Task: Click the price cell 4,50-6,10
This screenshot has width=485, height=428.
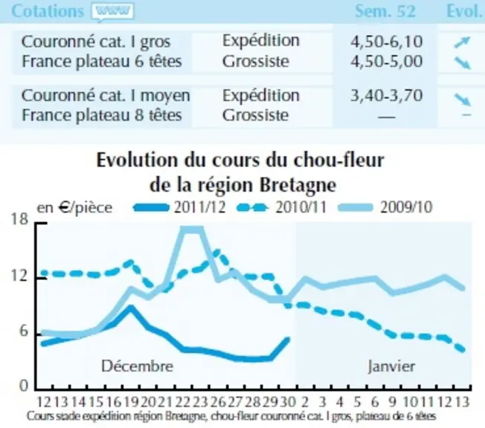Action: (x=386, y=42)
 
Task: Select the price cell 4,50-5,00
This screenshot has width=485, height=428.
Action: (x=386, y=61)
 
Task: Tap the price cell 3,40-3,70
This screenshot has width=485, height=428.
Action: (x=386, y=95)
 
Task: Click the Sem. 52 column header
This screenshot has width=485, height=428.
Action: (x=385, y=11)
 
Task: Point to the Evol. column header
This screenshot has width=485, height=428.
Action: (x=466, y=11)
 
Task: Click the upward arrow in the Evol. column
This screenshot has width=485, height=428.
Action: (x=462, y=42)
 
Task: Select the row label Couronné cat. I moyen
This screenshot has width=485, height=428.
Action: (x=106, y=95)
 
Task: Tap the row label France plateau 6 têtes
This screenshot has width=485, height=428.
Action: (x=102, y=61)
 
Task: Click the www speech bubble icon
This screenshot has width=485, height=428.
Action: (x=112, y=13)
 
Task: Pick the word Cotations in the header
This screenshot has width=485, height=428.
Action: (x=48, y=11)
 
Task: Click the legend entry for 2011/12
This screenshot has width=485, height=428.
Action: (x=179, y=207)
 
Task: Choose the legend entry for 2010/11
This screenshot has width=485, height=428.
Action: (x=281, y=207)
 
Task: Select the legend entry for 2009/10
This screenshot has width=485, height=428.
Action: (x=385, y=207)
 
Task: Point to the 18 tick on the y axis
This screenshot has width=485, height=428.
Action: (x=20, y=219)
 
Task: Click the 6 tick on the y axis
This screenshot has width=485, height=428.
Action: (x=24, y=331)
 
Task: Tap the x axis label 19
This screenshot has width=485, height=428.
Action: (x=132, y=402)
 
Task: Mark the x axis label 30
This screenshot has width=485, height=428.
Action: (x=289, y=402)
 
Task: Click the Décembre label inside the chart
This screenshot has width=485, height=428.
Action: (x=138, y=366)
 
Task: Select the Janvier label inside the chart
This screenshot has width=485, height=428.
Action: (x=391, y=367)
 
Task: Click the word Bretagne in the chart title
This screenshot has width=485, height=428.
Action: (x=298, y=186)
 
